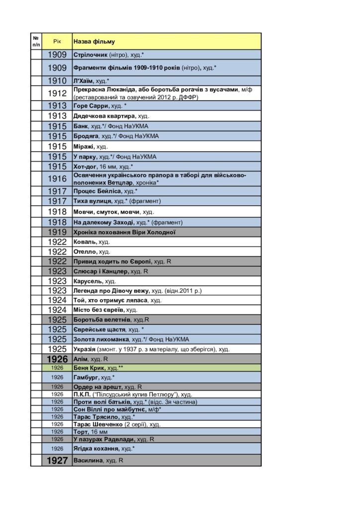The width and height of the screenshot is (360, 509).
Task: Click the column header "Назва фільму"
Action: pyautogui.click(x=94, y=41)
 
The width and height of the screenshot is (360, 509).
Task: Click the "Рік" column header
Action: pyautogui.click(x=57, y=41)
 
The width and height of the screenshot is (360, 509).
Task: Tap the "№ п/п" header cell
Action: pyautogui.click(x=36, y=41)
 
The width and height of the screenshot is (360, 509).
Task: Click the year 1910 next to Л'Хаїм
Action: pyautogui.click(x=57, y=81)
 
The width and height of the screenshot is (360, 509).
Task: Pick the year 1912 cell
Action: pyautogui.click(x=57, y=93)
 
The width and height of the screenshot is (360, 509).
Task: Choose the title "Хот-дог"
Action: pyautogui.click(x=85, y=167)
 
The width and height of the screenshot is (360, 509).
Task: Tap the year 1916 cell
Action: pyautogui.click(x=57, y=179)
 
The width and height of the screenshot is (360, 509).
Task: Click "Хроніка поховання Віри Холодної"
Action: pyautogui.click(x=124, y=232)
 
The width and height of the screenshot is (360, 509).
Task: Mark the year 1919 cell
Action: pyautogui.click(x=57, y=232)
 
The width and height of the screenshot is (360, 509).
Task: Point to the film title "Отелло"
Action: pyautogui.click(x=85, y=252)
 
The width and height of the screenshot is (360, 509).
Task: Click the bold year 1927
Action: pyautogui.click(x=57, y=461)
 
